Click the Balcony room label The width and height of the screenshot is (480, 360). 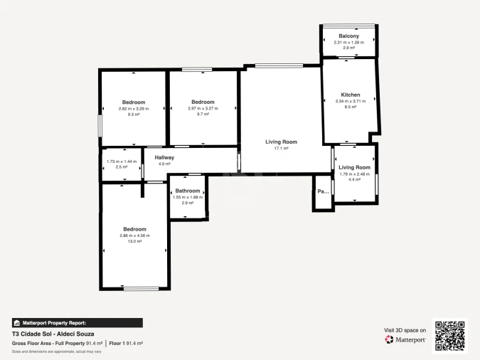click(348, 36)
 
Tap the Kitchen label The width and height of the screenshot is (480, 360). click(350, 95)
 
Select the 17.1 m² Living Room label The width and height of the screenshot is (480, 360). click(281, 142)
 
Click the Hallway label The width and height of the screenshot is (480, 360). click(164, 157)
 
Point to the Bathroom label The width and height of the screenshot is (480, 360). click(188, 191)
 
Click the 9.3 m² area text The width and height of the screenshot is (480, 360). click(133, 115)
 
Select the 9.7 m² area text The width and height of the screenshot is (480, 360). click(203, 115)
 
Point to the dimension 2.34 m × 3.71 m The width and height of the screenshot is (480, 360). click(350, 101)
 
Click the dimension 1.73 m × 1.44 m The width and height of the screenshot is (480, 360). click(121, 162)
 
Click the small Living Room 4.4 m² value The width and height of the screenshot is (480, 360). click(354, 180)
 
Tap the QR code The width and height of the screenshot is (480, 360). click(449, 335)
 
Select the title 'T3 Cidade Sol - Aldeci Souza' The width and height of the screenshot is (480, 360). click(53, 334)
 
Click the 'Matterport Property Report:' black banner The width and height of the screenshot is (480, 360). click(77, 322)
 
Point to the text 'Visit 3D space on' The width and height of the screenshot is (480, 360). click(405, 330)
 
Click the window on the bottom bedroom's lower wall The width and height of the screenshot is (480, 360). click(141, 288)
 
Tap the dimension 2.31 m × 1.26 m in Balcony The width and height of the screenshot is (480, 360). click(348, 42)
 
